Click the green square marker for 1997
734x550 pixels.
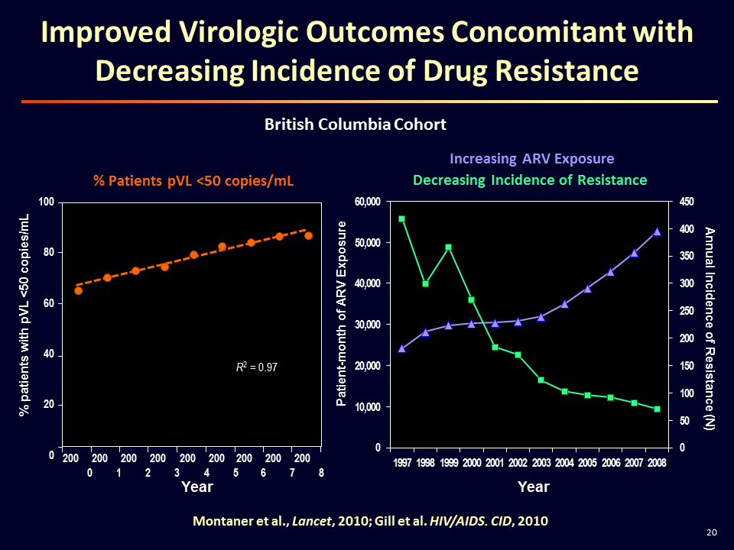(402, 219)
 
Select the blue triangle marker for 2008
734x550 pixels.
(657, 231)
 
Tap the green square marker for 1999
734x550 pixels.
(448, 247)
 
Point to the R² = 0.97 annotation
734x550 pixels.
(256, 367)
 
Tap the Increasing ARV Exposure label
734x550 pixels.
(532, 159)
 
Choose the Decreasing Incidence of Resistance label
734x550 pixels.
(530, 180)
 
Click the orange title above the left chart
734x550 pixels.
(193, 180)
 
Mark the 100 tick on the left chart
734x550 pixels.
(47, 202)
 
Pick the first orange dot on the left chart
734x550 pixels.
(78, 290)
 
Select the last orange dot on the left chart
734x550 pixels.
(308, 235)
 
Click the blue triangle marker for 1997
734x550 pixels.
(402, 348)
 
